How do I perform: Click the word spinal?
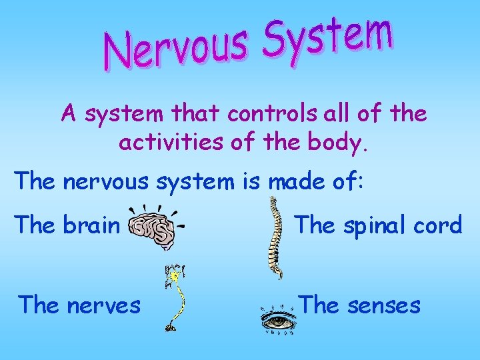tap(366, 226)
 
